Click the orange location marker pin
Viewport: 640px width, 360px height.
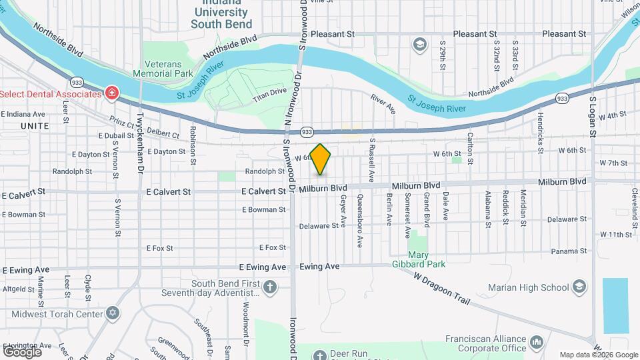click(x=321, y=159)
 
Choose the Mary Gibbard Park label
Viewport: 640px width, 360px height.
click(x=427, y=259)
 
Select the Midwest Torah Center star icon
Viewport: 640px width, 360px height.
click(x=112, y=313)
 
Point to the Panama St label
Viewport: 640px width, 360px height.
click(x=569, y=251)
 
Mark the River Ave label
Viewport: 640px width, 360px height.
click(x=383, y=103)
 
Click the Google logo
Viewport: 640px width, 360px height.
click(x=22, y=351)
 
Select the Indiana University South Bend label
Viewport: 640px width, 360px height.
click(x=221, y=15)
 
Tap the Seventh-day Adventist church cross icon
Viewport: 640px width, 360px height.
click(x=269, y=287)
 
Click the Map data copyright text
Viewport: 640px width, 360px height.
click(x=598, y=355)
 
